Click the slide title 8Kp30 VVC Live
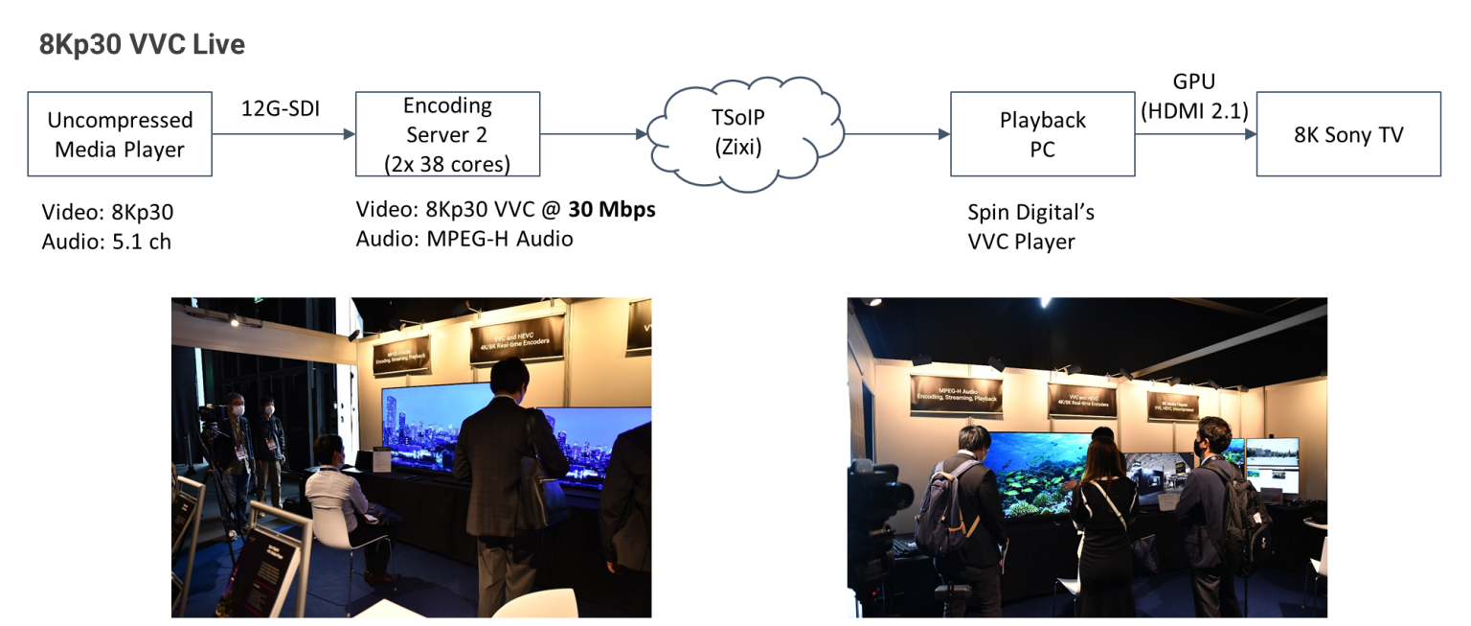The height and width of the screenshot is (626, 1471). (x=142, y=45)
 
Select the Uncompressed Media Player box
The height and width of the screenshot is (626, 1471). (x=120, y=134)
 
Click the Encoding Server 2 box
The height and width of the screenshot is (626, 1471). (x=447, y=134)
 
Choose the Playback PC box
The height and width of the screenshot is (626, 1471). (x=1042, y=134)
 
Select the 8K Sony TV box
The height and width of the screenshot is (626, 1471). (x=1347, y=134)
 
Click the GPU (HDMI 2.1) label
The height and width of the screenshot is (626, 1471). (x=1194, y=97)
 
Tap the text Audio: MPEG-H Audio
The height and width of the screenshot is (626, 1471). (x=464, y=238)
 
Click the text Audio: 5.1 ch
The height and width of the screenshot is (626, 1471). (x=106, y=242)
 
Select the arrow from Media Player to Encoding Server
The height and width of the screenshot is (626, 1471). (x=283, y=134)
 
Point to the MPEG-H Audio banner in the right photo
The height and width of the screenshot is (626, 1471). (x=956, y=392)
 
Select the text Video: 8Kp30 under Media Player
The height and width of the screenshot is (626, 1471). (x=107, y=213)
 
